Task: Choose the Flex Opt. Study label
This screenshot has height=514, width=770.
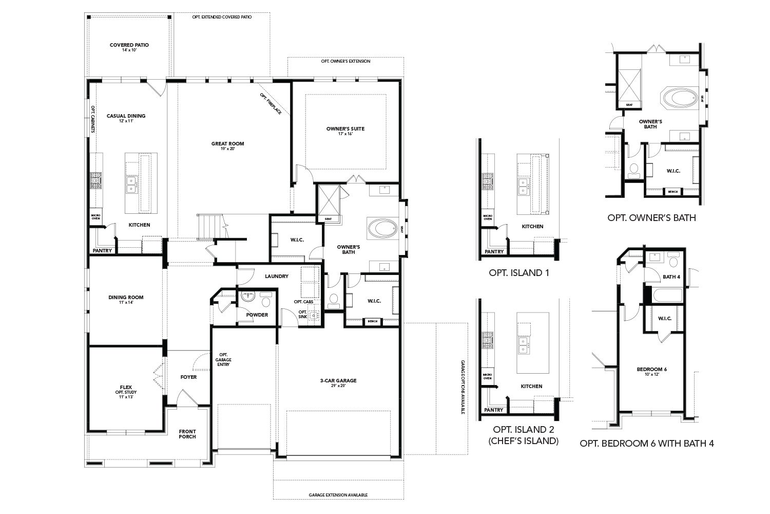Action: [x=126, y=389]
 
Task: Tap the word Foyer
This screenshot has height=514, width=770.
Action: [x=188, y=377]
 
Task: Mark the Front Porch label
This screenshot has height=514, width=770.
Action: [x=187, y=434]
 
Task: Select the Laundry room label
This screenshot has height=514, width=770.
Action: [x=276, y=276]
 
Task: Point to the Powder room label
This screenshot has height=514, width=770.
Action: [x=257, y=315]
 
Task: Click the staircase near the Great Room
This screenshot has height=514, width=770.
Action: [x=209, y=227]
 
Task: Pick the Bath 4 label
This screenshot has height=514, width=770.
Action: [x=671, y=277]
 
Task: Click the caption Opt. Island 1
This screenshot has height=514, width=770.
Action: [x=519, y=272]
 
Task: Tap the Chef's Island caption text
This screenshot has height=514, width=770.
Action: [x=525, y=440]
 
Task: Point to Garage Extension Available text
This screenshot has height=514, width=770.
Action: [x=338, y=495]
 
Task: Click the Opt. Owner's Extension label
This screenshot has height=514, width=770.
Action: [x=345, y=61]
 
